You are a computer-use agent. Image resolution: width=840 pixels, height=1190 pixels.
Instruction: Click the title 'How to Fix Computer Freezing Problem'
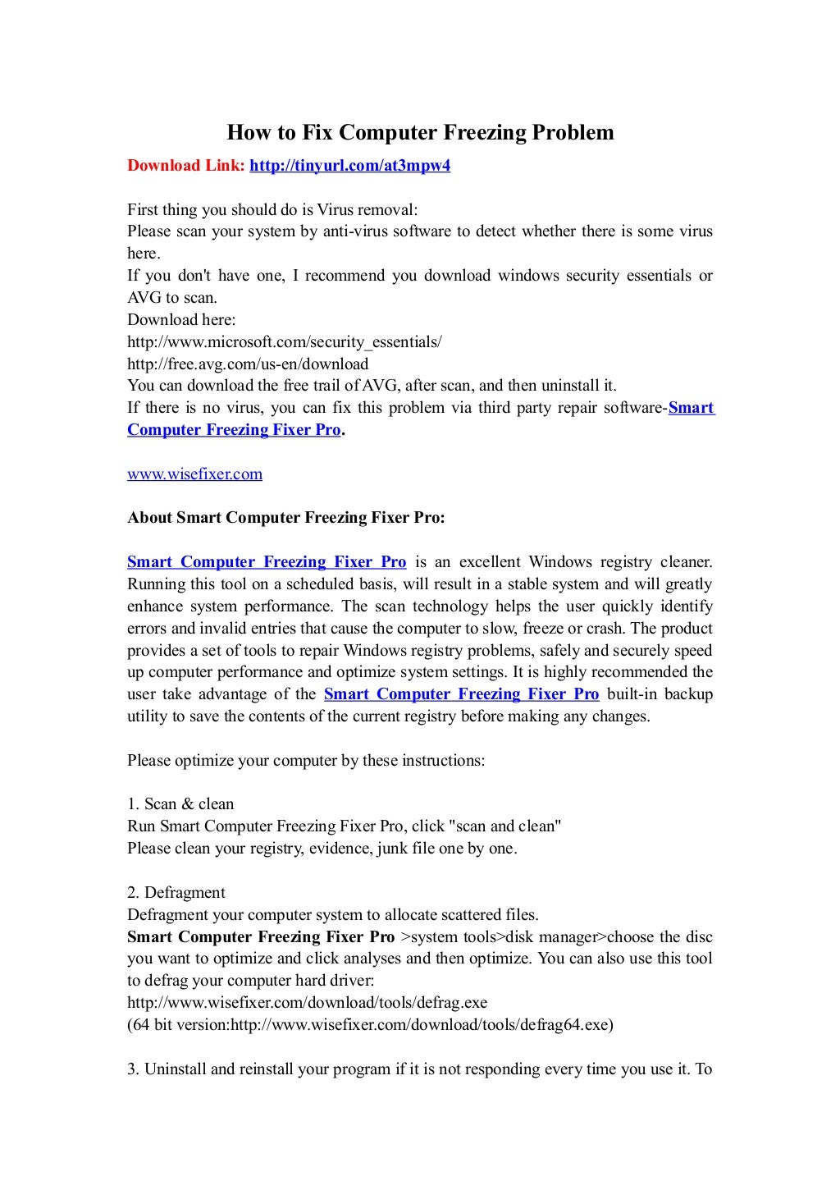pos(420,132)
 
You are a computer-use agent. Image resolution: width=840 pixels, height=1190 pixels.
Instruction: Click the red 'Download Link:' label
pos(185,166)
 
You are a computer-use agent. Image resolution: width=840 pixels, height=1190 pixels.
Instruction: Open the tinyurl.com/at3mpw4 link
pos(349,166)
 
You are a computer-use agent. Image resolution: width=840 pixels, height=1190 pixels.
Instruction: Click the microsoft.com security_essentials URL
pos(284,341)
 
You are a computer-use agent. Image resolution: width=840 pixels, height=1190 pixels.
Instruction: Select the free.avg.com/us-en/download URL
pos(248,364)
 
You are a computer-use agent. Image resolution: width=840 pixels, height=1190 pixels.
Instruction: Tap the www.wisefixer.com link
pos(194,474)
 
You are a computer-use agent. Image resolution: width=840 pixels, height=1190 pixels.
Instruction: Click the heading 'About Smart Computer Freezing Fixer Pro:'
pos(286,518)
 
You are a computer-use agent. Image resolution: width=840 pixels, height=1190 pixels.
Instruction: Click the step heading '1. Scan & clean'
pos(180,804)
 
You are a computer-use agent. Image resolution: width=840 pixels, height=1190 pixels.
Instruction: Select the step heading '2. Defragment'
pos(176,892)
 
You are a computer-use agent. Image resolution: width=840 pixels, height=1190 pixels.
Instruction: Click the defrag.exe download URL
pos(307,1002)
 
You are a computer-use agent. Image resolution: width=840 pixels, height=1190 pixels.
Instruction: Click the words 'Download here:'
pos(181,319)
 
